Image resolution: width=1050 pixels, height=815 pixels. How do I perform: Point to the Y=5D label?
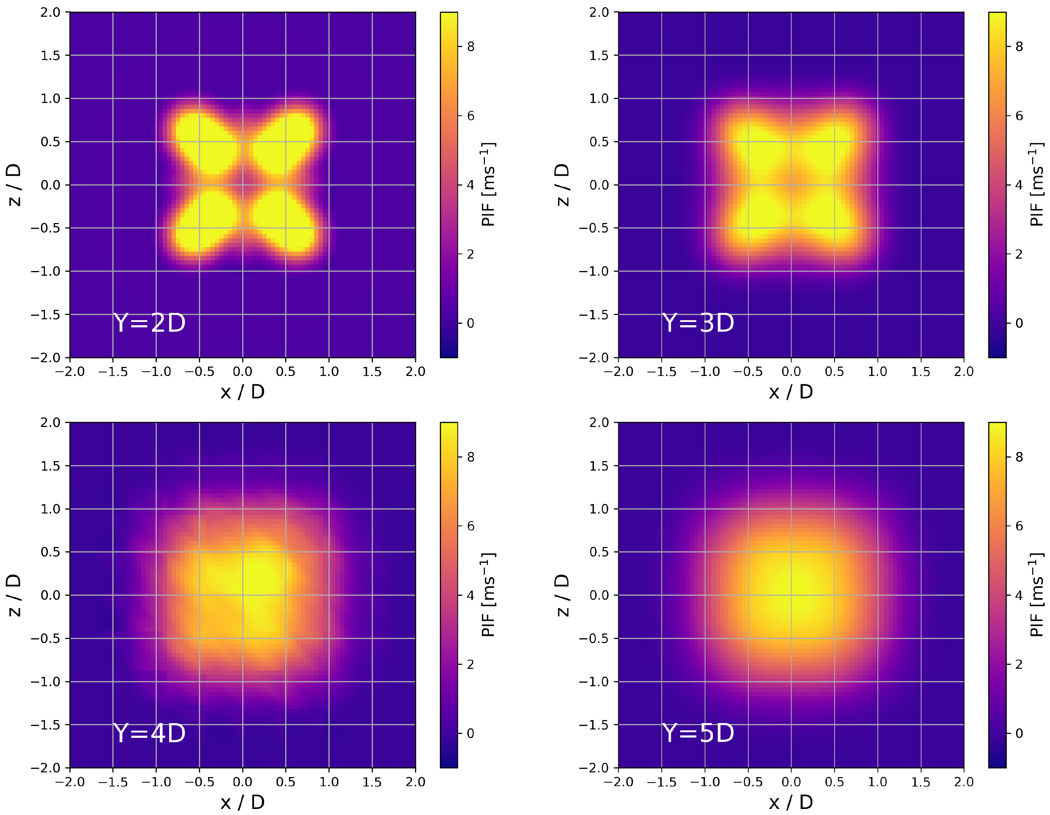tap(698, 733)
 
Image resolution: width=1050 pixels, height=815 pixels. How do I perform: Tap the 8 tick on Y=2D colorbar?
tap(470, 47)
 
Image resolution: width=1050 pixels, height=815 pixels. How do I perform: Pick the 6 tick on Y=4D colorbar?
tap(470, 526)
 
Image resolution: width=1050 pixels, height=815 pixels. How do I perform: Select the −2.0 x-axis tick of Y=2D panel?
tap(70, 372)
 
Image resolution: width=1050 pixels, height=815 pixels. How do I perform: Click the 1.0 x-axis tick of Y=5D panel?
tap(878, 782)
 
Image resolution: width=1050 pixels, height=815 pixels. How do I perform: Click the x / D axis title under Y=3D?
tap(791, 392)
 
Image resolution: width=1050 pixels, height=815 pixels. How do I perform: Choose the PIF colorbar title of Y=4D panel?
tap(488, 595)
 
